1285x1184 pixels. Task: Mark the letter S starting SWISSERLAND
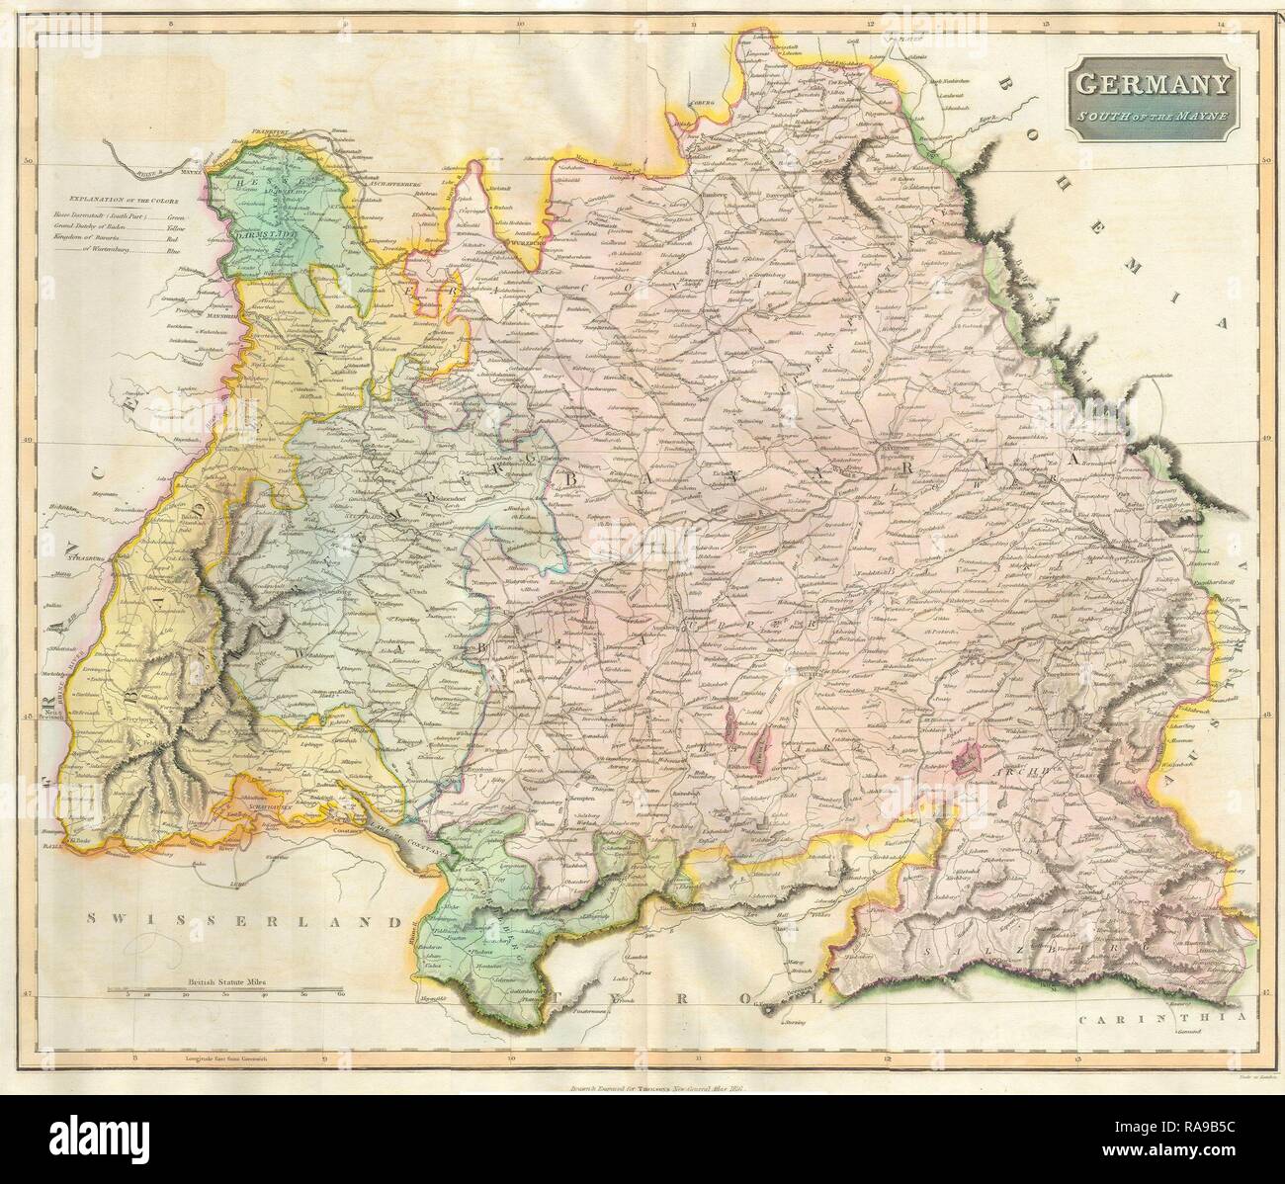pos(91,918)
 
